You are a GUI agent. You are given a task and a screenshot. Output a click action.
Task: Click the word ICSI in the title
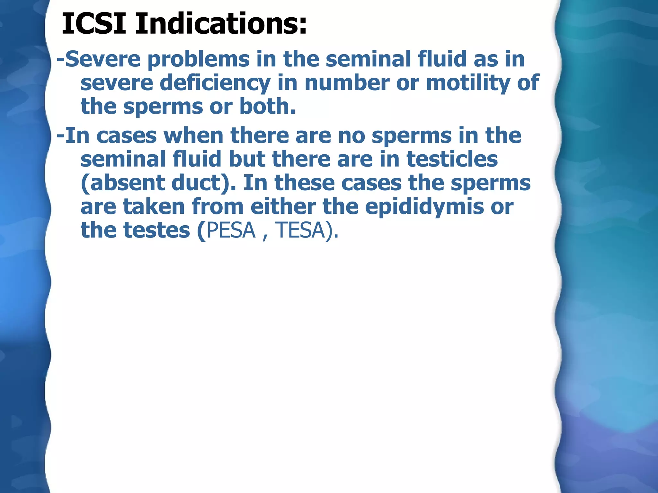pyautogui.click(x=93, y=24)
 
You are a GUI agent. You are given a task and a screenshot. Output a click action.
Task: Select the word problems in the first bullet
pyautogui.click(x=199, y=59)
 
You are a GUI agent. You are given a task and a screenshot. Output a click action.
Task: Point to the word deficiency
pyautogui.click(x=215, y=83)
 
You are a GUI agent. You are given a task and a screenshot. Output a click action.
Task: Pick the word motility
pyautogui.click(x=467, y=83)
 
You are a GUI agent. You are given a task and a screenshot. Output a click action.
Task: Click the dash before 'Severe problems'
pyautogui.click(x=60, y=60)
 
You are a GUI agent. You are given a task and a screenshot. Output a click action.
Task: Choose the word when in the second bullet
pyautogui.click(x=193, y=135)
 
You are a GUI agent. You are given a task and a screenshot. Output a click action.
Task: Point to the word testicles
pyautogui.click(x=452, y=159)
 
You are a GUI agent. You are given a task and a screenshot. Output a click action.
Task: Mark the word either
pyautogui.click(x=283, y=207)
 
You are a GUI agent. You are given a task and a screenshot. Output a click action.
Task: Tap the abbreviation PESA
pyautogui.click(x=231, y=230)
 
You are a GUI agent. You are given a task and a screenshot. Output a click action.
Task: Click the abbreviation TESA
pyautogui.click(x=300, y=230)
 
